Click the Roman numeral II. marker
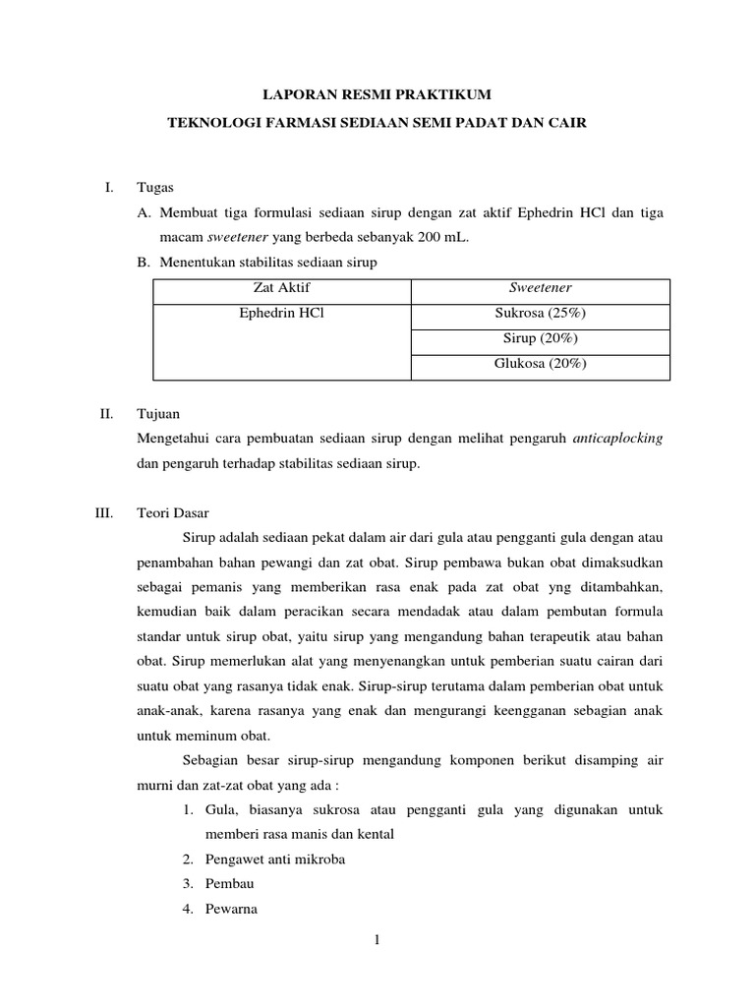107,414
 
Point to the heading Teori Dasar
173,513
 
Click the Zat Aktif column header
281,288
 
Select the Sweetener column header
540,288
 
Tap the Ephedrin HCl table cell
281,314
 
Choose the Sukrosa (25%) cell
540,314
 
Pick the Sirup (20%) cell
540,338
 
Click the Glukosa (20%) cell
540,364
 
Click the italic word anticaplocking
617,439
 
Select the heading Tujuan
159,414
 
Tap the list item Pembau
230,883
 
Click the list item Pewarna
231,909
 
